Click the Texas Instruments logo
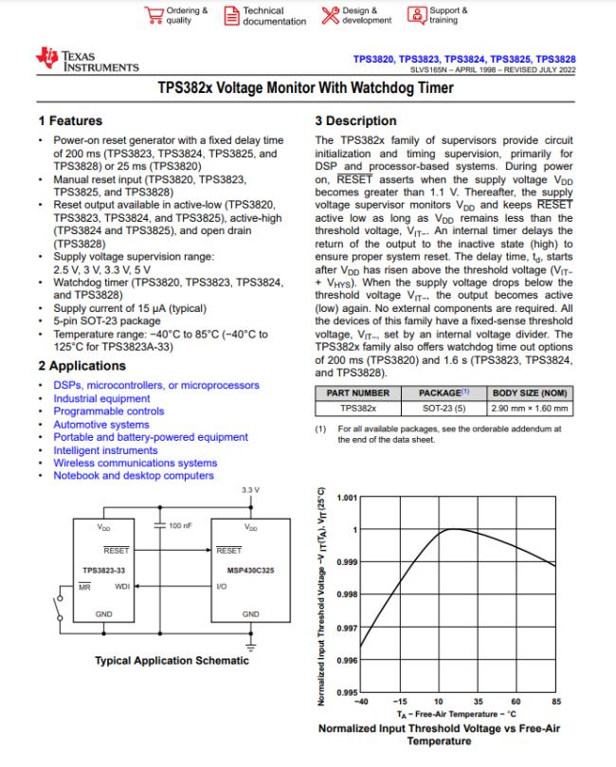pyautogui.click(x=87, y=61)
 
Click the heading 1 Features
pyautogui.click(x=70, y=121)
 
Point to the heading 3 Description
pyautogui.click(x=355, y=121)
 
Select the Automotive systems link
pyautogui.click(x=101, y=425)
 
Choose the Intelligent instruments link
pyautogui.click(x=105, y=450)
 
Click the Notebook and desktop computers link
pyautogui.click(x=134, y=475)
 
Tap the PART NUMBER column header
pyautogui.click(x=358, y=393)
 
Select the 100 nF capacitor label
pyautogui.click(x=181, y=524)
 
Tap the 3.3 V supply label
pyautogui.click(x=250, y=489)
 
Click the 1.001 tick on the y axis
pyautogui.click(x=347, y=497)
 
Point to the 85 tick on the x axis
pyautogui.click(x=555, y=703)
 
